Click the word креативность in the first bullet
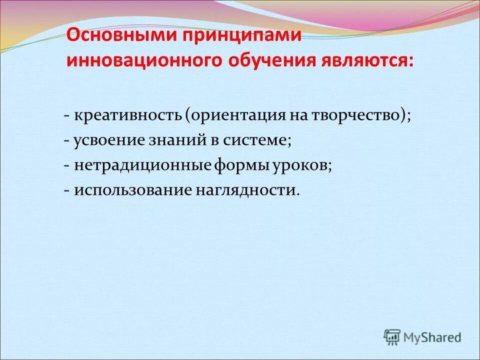(128, 115)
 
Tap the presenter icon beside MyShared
(393, 337)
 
